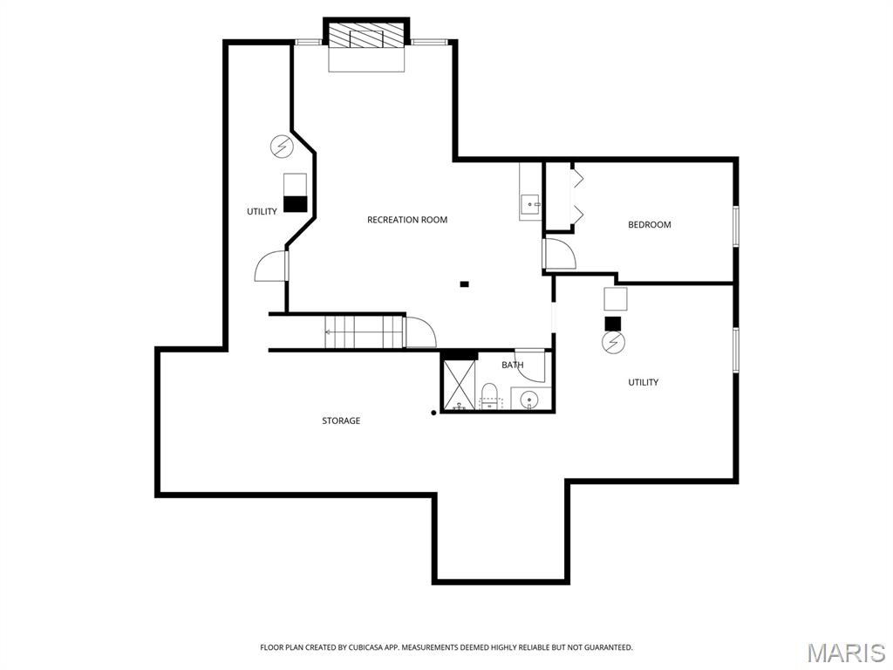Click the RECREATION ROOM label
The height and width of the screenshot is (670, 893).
407,220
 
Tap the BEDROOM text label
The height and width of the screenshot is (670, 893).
650,225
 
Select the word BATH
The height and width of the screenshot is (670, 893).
513,365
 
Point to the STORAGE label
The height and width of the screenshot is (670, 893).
341,421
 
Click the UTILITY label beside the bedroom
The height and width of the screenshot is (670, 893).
644,382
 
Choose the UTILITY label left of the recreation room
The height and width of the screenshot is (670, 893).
262,212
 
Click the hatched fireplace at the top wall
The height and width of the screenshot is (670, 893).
366,38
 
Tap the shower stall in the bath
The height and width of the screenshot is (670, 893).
460,385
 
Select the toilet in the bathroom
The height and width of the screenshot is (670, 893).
490,395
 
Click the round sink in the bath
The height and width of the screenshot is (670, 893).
529,400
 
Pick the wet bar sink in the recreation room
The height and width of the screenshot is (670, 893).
530,205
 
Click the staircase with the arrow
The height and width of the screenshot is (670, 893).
365,332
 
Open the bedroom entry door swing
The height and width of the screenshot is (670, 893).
559,253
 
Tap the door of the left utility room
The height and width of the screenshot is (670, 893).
271,266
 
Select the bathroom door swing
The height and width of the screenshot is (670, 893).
530,366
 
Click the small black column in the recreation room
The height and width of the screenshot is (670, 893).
464,284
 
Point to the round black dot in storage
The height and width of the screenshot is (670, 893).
433,414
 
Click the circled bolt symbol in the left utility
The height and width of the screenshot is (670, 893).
281,147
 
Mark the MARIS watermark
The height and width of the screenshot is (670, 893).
845,653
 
